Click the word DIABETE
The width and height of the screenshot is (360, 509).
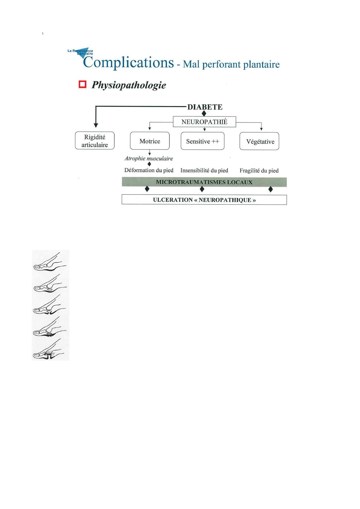(x=205, y=107)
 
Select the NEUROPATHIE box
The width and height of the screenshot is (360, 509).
(x=205, y=122)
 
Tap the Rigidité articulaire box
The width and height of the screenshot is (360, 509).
(x=95, y=141)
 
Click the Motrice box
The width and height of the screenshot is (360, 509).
(x=150, y=141)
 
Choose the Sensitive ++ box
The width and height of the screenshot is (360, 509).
(x=202, y=141)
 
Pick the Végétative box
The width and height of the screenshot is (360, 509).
(x=259, y=141)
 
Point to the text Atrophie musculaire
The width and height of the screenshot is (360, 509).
(x=149, y=159)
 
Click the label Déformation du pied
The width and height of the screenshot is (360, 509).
(x=149, y=170)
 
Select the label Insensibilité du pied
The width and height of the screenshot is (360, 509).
(x=204, y=170)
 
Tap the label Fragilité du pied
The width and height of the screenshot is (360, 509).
(x=259, y=171)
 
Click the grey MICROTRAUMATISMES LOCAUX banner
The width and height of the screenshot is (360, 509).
(x=204, y=182)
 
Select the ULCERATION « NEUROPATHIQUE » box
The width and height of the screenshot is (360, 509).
(x=204, y=200)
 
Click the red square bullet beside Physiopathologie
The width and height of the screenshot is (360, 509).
(x=82, y=84)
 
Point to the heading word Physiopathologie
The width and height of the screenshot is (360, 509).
(x=129, y=85)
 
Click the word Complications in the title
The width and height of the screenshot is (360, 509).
(x=129, y=63)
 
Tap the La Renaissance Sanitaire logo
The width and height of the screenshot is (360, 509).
(x=81, y=53)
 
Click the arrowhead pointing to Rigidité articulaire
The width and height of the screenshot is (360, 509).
(x=96, y=125)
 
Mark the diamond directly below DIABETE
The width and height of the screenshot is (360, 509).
(x=204, y=113)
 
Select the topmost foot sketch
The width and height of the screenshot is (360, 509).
(x=50, y=262)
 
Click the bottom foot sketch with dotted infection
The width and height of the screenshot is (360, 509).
(x=48, y=349)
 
